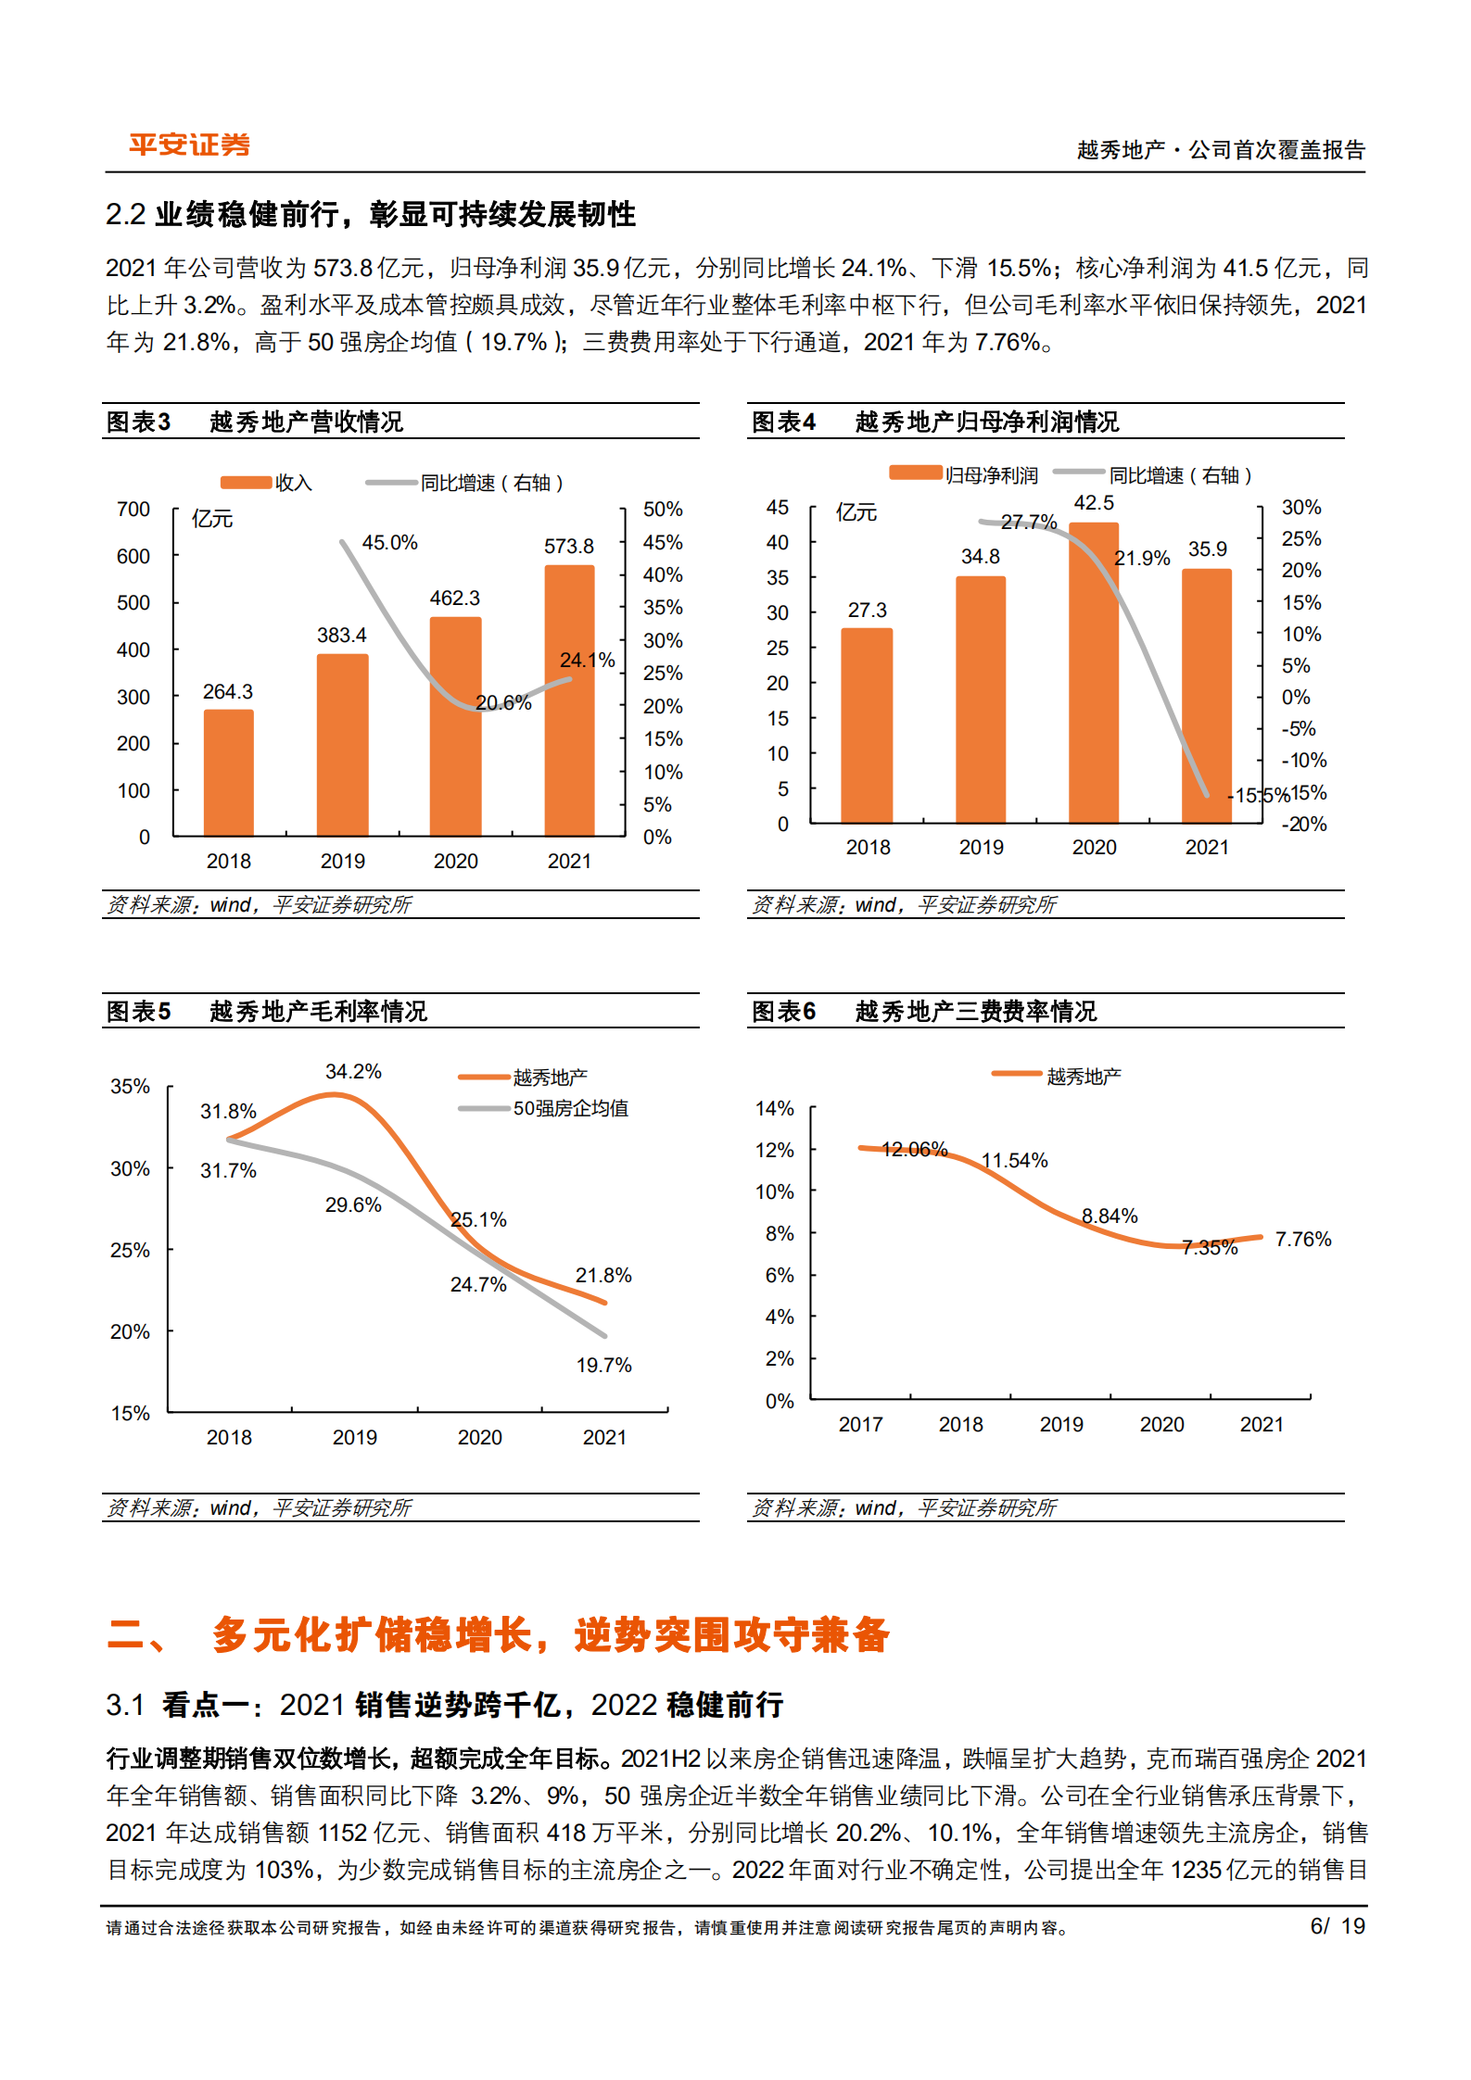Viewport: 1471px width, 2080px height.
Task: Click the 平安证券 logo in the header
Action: click(x=189, y=145)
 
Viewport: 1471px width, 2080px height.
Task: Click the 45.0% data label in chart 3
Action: click(x=389, y=542)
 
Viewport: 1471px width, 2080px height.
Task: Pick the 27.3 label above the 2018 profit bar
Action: click(x=867, y=610)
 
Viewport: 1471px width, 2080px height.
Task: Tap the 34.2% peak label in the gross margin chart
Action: click(x=353, y=1071)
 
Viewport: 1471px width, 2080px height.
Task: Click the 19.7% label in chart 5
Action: click(x=603, y=1365)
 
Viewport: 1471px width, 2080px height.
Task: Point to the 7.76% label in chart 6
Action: click(x=1302, y=1239)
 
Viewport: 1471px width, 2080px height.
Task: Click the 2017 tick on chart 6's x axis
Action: click(x=860, y=1424)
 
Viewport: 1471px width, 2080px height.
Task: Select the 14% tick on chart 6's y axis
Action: click(x=775, y=1108)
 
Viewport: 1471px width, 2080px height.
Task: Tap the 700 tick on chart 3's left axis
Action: click(x=133, y=510)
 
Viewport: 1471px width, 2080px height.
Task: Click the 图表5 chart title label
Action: click(x=138, y=1011)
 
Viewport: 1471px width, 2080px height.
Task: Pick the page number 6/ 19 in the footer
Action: click(x=1337, y=1926)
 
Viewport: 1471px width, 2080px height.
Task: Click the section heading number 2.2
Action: click(x=126, y=214)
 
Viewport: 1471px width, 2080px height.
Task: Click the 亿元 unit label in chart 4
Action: click(x=856, y=512)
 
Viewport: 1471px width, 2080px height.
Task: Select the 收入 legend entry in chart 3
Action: click(x=293, y=483)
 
